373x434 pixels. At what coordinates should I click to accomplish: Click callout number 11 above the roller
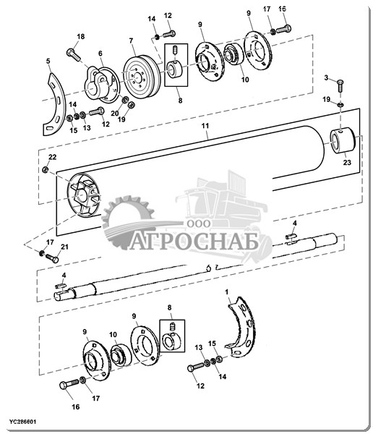[205, 126]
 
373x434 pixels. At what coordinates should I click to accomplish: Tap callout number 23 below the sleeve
[347, 162]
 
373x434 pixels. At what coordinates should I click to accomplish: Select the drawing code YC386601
[22, 422]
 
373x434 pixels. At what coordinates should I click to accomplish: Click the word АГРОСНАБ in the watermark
[194, 241]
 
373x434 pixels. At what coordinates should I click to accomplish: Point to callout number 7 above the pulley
[131, 41]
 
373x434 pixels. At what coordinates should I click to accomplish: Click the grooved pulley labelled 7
[142, 77]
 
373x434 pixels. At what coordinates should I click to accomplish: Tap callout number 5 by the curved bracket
[48, 61]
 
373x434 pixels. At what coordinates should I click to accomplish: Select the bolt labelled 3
[340, 86]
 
